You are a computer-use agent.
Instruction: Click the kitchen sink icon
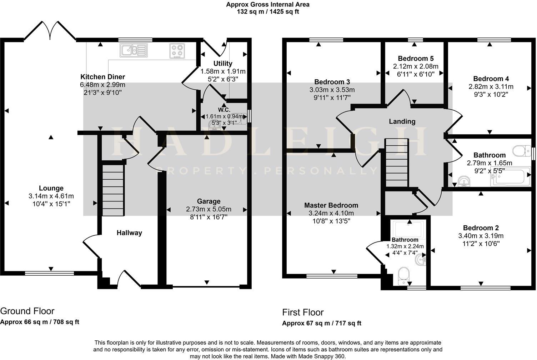point(134,50)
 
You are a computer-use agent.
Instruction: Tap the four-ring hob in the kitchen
point(177,51)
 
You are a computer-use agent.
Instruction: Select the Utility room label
point(223,64)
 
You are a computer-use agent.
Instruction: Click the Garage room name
point(209,201)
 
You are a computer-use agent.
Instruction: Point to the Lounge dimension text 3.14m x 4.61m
point(51,196)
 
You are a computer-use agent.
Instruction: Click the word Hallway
point(129,233)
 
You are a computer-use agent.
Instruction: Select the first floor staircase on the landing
point(396,162)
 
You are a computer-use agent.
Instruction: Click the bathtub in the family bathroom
point(509,177)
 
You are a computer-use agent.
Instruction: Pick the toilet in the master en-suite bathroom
point(404,276)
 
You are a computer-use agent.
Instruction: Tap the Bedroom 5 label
point(415,59)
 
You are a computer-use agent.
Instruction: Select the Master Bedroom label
point(331,205)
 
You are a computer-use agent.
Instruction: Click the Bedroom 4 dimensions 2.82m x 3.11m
point(491,87)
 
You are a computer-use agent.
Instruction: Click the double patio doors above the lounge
point(50,31)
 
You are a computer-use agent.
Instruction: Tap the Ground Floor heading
point(27,311)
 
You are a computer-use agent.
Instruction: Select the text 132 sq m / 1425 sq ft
point(268,11)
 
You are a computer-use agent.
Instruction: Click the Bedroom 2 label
point(481,228)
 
